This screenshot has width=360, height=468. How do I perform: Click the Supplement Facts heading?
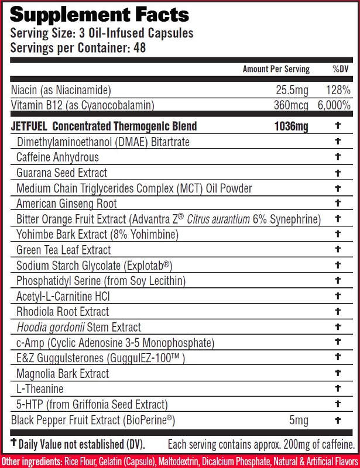(100, 14)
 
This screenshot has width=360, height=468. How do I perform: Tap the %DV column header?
(340, 69)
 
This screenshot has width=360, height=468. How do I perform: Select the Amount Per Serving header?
(276, 69)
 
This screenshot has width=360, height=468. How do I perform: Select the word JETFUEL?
(29, 126)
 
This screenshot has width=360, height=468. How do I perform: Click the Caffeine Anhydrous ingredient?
(57, 157)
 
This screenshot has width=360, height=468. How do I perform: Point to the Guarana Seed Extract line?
(61, 173)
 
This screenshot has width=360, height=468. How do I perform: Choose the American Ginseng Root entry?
(67, 204)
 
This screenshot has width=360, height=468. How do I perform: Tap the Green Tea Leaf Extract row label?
(63, 250)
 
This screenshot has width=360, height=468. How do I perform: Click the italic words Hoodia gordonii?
(50, 327)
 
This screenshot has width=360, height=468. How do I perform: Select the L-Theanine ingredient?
(40, 389)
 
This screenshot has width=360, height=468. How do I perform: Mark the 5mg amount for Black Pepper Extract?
(299, 420)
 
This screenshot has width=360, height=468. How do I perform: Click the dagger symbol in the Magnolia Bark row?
(337, 373)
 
